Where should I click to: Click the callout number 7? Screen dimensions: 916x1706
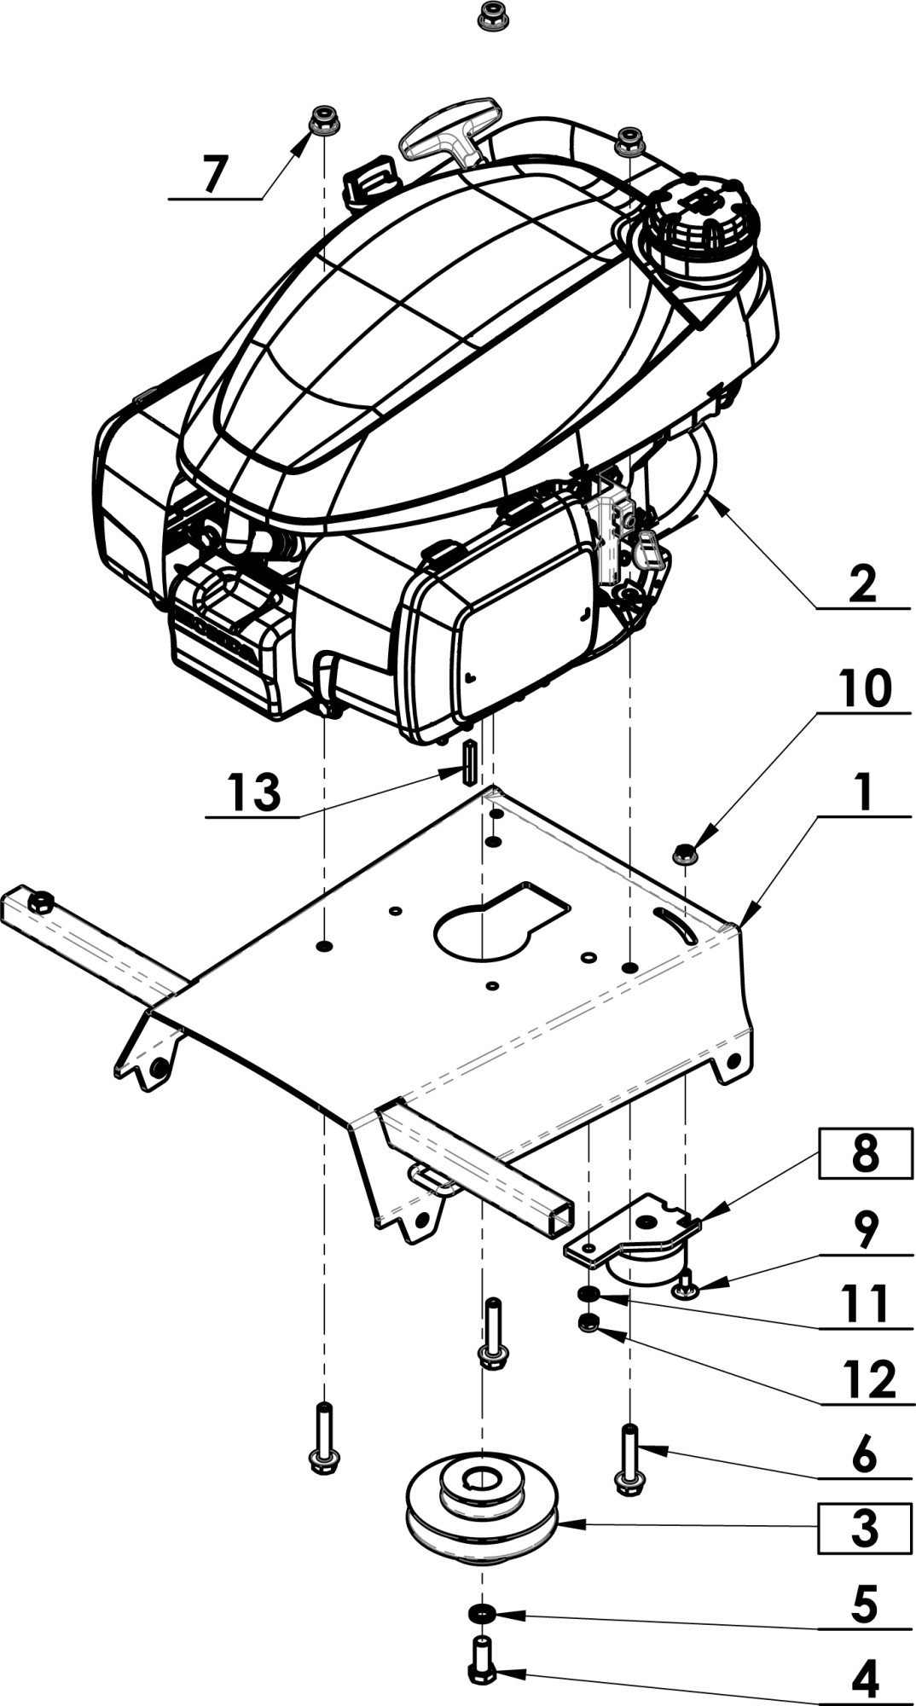(x=214, y=174)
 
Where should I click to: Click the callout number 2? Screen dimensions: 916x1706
(x=862, y=584)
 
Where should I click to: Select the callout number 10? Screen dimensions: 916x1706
(x=864, y=688)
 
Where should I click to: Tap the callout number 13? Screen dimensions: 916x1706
(x=254, y=792)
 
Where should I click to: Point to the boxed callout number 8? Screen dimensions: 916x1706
(x=864, y=1154)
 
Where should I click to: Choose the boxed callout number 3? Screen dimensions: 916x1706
(x=864, y=1528)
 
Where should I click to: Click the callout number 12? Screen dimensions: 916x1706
(x=868, y=1379)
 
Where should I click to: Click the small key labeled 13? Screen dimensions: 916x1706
(x=468, y=763)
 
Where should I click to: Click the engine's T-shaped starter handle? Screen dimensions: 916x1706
(x=447, y=138)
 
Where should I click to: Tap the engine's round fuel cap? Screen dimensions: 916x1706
(x=702, y=223)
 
